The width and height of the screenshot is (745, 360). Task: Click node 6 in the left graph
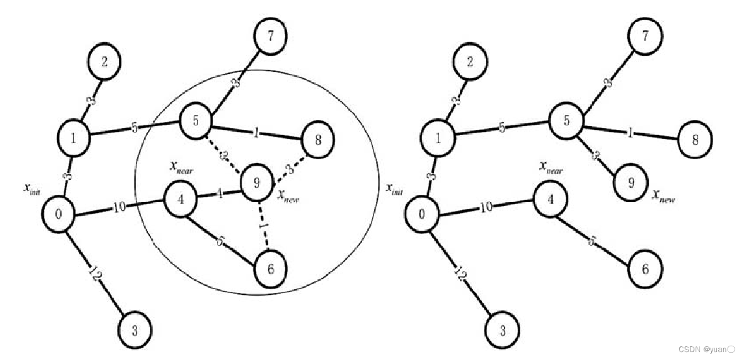[270, 269]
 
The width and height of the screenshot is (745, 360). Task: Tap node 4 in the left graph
[181, 199]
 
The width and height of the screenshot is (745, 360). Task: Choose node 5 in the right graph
[566, 121]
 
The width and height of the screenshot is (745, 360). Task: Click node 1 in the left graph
[73, 137]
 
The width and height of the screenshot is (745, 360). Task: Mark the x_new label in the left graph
[288, 196]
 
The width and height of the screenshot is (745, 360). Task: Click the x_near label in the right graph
[551, 168]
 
